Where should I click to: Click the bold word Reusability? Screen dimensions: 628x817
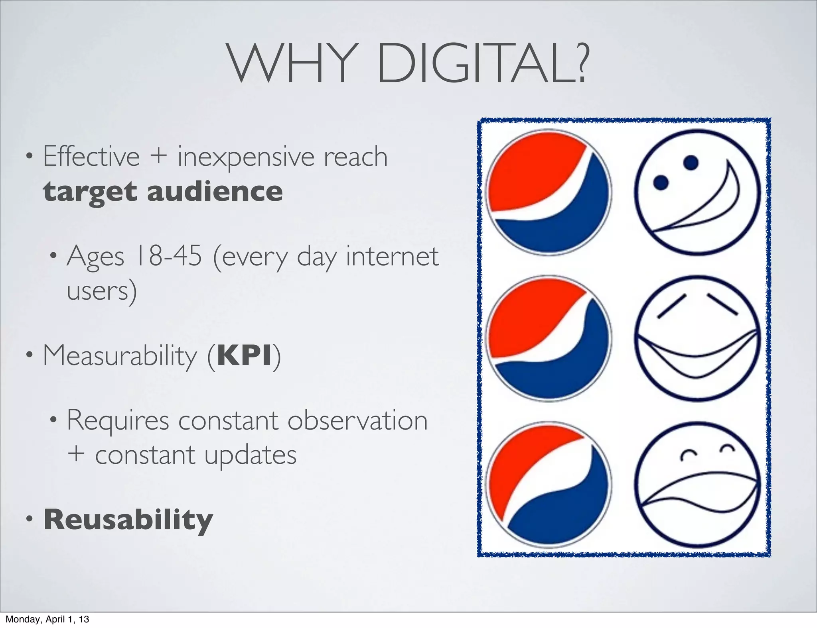pos(128,520)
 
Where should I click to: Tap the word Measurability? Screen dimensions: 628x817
pos(120,355)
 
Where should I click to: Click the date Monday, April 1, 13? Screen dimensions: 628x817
pos(47,619)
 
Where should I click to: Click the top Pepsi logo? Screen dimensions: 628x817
pos(549,192)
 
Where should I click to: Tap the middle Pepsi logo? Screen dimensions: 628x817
pos(549,338)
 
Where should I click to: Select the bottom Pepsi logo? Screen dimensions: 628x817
pos(549,484)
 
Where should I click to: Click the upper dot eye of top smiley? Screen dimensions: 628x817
pos(691,162)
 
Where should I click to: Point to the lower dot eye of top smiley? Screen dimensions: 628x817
pos(661,183)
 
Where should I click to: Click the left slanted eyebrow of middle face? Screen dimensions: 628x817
pos(672,306)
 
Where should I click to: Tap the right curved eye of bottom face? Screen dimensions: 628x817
pos(728,449)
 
